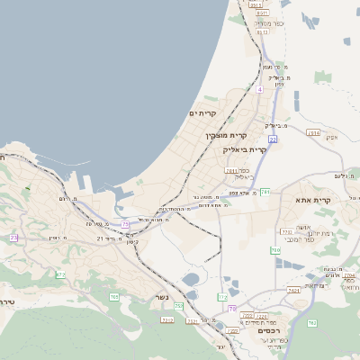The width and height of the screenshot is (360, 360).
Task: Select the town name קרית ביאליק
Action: tap(245, 150)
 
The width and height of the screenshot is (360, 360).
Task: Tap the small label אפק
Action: tap(330, 137)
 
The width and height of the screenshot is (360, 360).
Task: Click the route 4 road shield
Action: tap(259, 89)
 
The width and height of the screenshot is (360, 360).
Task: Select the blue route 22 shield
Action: tap(272, 139)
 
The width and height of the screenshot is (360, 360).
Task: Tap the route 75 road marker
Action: tap(125, 224)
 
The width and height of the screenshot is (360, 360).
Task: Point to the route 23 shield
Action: tap(13, 238)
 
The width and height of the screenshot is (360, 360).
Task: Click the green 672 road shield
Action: tap(60, 274)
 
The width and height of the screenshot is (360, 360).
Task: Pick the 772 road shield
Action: tap(222, 296)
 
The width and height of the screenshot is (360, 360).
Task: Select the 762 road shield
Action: tap(311, 322)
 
